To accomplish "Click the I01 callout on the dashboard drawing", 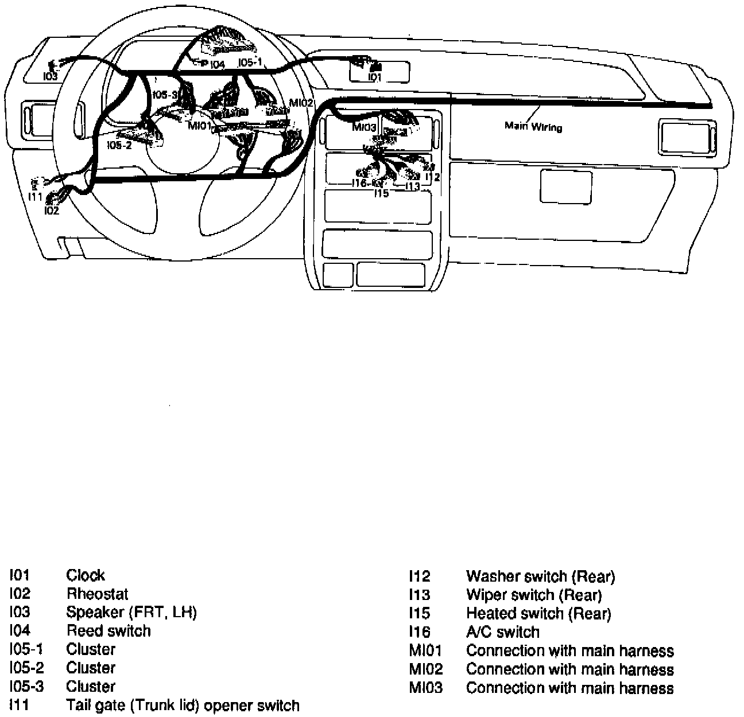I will point(375,77).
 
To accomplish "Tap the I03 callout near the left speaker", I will point(51,76).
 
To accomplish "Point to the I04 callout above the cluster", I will point(217,65).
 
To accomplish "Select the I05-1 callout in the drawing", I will point(250,63).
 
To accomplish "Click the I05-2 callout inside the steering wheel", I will point(119,145).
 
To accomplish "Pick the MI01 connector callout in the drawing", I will point(200,125).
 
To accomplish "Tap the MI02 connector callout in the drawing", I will point(301,103).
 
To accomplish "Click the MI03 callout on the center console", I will point(364,127).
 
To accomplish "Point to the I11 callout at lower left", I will point(35,197).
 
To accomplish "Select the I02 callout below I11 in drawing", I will point(51,211).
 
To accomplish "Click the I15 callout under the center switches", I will point(381,194).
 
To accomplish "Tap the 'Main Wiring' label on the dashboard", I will point(533,126).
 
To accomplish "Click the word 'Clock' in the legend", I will point(86,575).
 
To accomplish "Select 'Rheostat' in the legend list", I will point(97,594).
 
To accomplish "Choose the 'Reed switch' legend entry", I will point(108,630).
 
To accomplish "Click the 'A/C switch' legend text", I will point(502,632).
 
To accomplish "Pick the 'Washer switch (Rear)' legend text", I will point(540,576).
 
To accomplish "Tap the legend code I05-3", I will point(26,686).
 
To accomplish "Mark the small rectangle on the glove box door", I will point(566,186).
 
